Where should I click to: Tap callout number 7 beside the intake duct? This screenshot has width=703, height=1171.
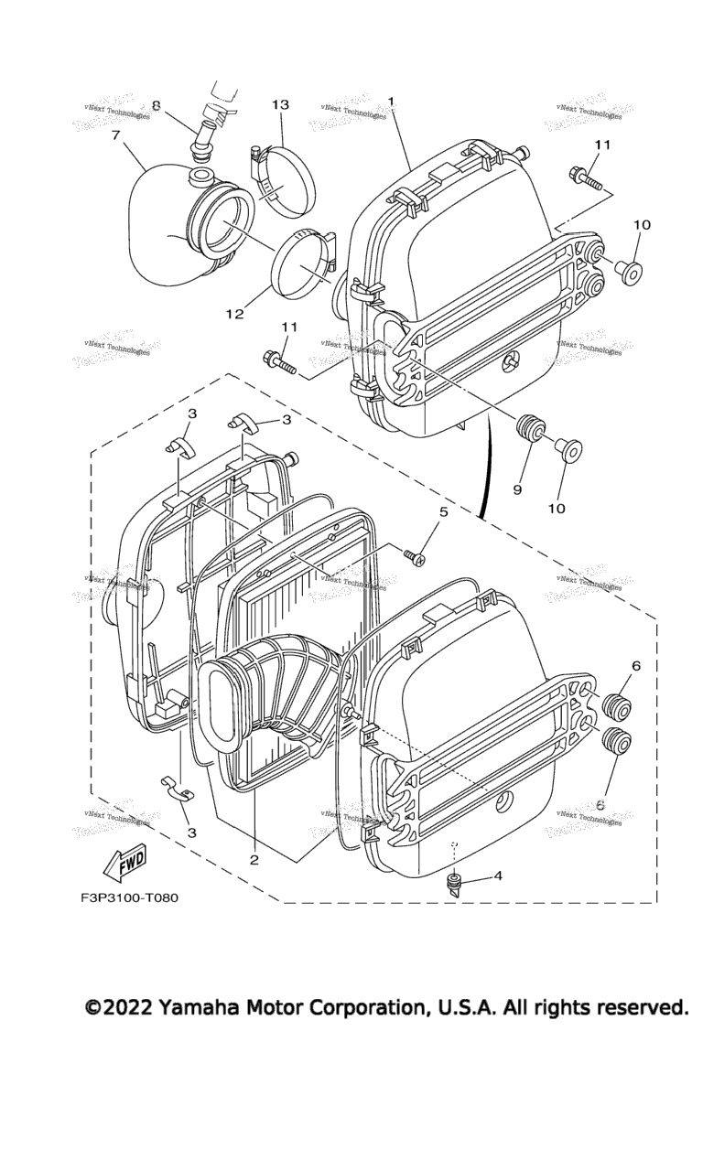click(116, 136)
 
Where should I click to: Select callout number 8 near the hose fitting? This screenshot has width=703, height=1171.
click(156, 105)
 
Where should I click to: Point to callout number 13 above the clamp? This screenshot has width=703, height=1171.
click(279, 105)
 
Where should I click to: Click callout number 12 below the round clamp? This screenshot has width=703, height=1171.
click(234, 314)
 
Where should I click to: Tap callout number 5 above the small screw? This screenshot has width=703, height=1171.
click(443, 512)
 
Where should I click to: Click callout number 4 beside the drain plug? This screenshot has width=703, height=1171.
click(498, 876)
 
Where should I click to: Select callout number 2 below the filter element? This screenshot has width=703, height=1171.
click(254, 859)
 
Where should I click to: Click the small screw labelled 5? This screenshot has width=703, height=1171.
click(413, 554)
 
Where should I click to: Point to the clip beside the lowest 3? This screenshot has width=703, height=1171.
click(178, 786)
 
